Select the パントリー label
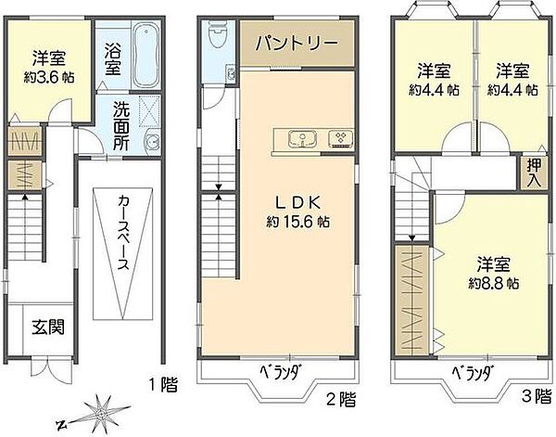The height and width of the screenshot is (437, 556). [297, 45]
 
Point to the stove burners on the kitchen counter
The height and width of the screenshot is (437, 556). [340, 139]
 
